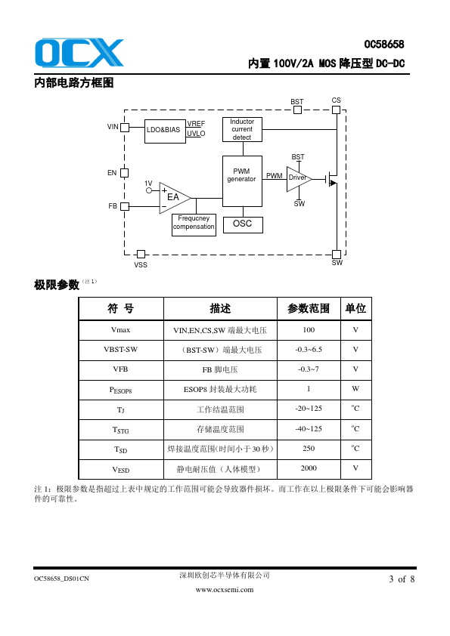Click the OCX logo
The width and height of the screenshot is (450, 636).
click(79, 53)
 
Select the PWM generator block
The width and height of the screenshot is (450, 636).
click(242, 181)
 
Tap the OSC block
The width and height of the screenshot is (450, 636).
click(243, 224)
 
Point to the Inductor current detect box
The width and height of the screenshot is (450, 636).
click(242, 129)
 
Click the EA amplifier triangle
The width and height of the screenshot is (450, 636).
click(174, 198)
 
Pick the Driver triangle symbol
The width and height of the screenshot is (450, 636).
click(299, 178)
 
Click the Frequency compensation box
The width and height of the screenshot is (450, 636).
click(194, 224)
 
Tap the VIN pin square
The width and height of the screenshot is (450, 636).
click(125, 128)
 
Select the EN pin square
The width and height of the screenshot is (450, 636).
click(125, 173)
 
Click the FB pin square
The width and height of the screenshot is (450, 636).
click(125, 206)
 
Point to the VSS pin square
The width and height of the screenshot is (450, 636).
click(141, 254)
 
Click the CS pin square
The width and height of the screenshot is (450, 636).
click(336, 110)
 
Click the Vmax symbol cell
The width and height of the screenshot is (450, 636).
click(120, 330)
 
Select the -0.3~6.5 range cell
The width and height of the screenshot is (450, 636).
click(309, 350)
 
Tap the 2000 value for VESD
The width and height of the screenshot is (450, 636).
click(309, 468)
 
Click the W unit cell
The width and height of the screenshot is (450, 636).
click(355, 389)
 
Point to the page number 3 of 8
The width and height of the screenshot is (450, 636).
click(402, 579)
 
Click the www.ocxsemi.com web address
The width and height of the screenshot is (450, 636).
click(225, 590)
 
